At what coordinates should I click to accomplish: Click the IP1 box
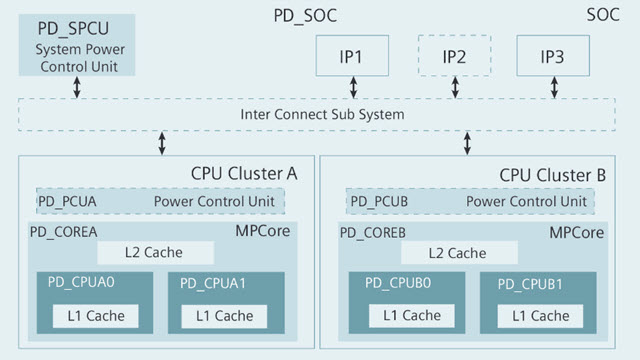tap(354, 56)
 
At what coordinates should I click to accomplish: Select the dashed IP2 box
tap(454, 56)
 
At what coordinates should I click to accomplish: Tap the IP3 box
tap(553, 56)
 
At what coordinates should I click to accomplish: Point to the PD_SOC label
tap(306, 16)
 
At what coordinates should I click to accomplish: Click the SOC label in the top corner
tap(604, 16)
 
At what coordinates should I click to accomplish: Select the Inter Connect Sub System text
tap(322, 114)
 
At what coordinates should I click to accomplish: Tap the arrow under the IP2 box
tap(455, 88)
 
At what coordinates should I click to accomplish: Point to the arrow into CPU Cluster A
tap(162, 142)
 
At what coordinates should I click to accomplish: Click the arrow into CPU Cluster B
tap(466, 142)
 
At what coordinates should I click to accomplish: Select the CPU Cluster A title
tap(244, 174)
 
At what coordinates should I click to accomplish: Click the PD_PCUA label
tap(67, 201)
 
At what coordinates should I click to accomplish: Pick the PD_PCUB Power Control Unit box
tap(469, 201)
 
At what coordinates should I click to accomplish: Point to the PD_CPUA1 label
tap(212, 284)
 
